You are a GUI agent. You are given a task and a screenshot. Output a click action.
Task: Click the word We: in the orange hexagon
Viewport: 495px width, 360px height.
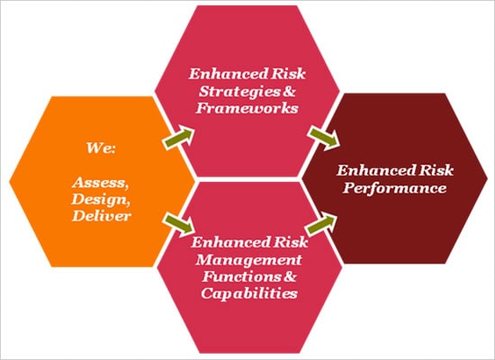(101, 148)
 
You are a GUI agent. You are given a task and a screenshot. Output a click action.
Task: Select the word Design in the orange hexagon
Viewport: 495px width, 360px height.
(101, 200)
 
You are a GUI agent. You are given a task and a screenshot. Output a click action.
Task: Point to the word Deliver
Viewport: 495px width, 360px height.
(102, 216)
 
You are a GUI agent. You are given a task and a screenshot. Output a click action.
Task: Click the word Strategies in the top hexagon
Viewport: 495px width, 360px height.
(239, 92)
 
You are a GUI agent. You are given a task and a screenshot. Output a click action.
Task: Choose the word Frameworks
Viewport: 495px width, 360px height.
(247, 108)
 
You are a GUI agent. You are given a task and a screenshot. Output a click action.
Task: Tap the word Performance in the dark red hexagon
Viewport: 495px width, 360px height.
(395, 188)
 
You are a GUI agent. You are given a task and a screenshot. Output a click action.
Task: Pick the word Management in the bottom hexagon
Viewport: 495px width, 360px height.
(249, 260)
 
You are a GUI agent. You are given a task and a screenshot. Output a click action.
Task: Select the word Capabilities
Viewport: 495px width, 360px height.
(249, 293)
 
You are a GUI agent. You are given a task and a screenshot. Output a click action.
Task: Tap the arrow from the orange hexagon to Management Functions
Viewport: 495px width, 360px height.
(179, 224)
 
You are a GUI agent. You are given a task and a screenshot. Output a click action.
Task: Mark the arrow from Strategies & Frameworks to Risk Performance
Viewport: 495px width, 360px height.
(324, 137)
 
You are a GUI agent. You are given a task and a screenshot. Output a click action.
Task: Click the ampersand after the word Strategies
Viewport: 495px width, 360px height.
(289, 92)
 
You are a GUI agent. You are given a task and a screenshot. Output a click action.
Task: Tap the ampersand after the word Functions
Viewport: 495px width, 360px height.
(290, 276)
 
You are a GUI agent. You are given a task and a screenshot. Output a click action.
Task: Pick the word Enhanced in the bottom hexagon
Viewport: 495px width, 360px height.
(230, 242)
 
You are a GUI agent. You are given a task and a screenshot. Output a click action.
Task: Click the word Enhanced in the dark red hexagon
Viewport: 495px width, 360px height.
(375, 170)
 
